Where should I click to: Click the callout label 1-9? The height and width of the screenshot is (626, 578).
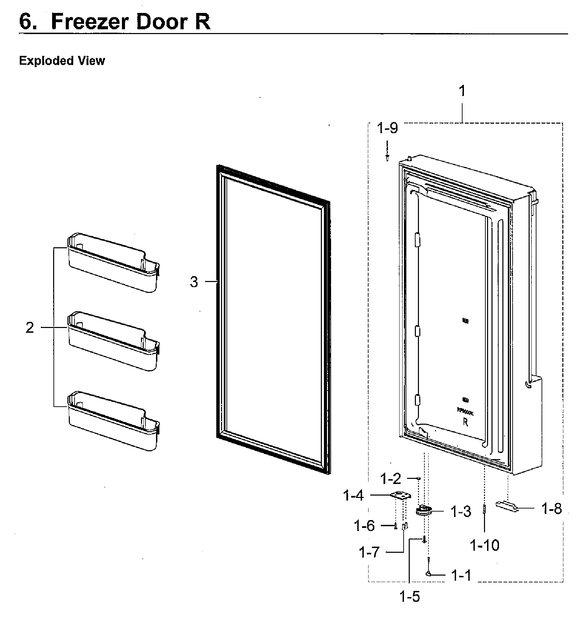(x=387, y=128)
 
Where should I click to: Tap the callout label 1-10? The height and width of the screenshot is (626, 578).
(x=484, y=546)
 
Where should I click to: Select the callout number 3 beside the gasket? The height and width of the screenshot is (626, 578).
(x=194, y=282)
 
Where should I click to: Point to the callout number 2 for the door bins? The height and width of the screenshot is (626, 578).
(x=30, y=328)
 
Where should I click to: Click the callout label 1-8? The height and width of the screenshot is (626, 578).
(x=551, y=509)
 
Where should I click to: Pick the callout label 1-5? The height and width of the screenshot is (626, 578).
(x=410, y=596)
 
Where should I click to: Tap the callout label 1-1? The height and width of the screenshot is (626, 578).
(x=461, y=576)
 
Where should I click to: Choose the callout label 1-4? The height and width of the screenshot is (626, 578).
(x=354, y=496)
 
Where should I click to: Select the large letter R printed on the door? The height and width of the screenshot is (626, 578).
(x=465, y=422)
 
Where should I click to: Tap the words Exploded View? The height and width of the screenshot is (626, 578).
(x=62, y=61)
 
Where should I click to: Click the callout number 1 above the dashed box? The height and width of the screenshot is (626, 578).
(x=462, y=91)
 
